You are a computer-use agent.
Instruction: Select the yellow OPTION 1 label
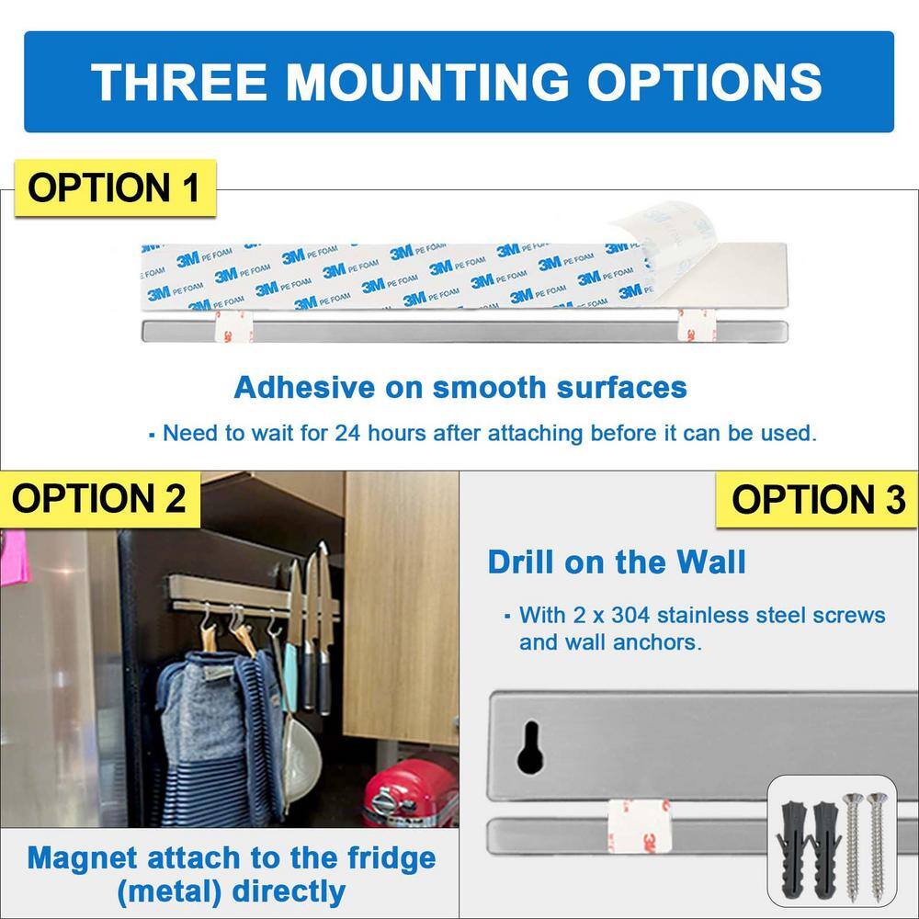113,187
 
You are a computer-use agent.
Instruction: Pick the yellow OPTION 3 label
818,499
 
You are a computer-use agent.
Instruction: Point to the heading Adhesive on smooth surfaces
460,387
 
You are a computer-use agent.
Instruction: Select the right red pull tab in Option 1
692,327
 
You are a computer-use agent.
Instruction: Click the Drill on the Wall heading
617,562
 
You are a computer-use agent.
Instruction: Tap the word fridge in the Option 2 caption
383,858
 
